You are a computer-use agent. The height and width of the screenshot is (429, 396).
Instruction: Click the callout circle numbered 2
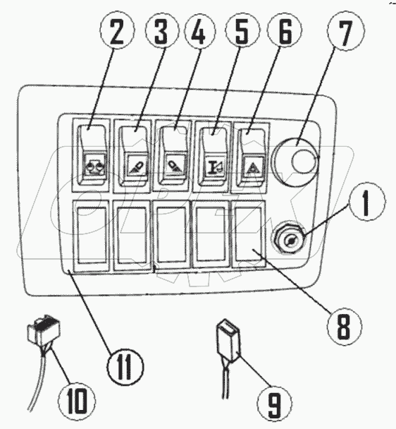117,30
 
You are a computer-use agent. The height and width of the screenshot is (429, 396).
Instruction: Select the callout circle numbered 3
162,30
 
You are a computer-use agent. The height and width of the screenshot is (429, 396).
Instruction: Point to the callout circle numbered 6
285,30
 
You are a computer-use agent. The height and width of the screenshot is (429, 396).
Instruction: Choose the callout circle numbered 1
366,201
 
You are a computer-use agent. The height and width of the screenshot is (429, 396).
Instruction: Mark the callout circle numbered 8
344,326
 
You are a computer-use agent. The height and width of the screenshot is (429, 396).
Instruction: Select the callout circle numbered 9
274,404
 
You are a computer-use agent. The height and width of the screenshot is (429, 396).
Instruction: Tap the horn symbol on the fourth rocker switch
214,166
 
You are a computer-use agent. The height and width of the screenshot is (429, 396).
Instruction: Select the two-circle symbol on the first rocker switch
94,165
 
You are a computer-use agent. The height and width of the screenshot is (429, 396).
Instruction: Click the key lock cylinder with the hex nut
288,238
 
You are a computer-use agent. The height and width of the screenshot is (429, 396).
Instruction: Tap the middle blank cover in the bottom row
172,234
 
